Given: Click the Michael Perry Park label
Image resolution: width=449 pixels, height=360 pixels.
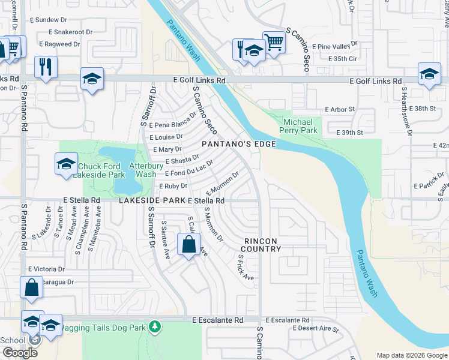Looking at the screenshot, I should click(x=300, y=125).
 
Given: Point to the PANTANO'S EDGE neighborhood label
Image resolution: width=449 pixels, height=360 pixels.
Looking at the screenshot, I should click(x=238, y=144).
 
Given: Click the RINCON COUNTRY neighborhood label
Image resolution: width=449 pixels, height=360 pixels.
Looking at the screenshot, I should click(x=262, y=245).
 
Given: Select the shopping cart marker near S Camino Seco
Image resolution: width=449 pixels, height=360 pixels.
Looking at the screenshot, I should click(x=274, y=43).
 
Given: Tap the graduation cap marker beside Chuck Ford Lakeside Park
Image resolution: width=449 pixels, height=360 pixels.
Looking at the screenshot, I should click(x=66, y=164).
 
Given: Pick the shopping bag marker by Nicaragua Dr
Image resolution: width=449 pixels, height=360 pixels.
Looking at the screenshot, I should click(x=31, y=287).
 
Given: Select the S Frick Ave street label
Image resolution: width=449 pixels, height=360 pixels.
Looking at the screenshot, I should click(x=245, y=266).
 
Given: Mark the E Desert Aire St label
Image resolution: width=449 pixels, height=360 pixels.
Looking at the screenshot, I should click(x=315, y=329).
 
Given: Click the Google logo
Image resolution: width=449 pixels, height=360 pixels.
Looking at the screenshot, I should click(x=19, y=353).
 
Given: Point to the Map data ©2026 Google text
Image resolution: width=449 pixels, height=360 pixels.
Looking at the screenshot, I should click(x=411, y=355).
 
